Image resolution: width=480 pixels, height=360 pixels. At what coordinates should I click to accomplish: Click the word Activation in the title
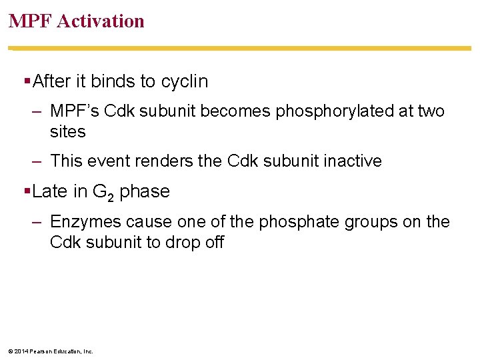click(x=101, y=21)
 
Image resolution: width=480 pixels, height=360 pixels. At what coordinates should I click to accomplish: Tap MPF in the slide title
click(x=31, y=21)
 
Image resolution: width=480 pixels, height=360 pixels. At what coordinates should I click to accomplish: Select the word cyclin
click(x=183, y=81)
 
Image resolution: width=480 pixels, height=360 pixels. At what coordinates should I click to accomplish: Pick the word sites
click(x=68, y=131)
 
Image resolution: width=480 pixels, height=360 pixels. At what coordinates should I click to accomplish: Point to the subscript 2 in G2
click(x=111, y=196)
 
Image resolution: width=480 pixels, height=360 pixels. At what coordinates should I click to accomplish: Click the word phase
click(x=145, y=192)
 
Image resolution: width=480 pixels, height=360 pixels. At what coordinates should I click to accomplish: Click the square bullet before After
click(x=27, y=81)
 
